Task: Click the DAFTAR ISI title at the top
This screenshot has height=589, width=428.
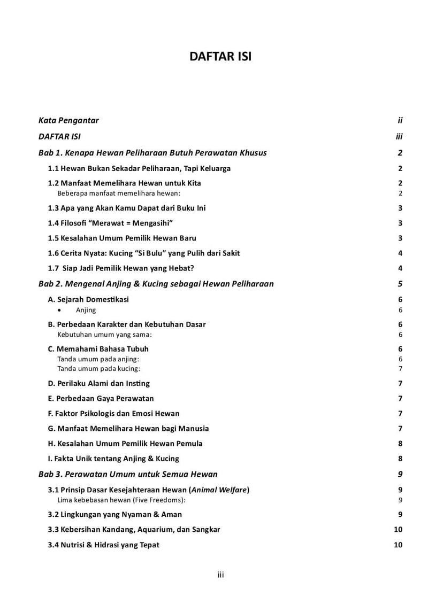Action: pyautogui.click(x=220, y=57)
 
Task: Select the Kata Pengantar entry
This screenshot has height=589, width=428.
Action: pyautogui.click(x=68, y=120)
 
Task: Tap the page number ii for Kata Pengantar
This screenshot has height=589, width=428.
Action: pyautogui.click(x=400, y=120)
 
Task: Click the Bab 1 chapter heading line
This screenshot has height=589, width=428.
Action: pyautogui.click(x=152, y=153)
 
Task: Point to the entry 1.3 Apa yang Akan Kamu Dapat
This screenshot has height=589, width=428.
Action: pyautogui.click(x=127, y=208)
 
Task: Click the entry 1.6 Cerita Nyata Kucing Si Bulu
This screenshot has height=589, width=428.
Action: pyautogui.click(x=144, y=253)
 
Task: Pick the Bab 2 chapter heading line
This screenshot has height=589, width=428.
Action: pyautogui.click(x=156, y=284)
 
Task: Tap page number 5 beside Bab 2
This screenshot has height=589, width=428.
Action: pyautogui.click(x=400, y=284)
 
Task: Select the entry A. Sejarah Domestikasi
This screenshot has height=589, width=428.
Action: pyautogui.click(x=88, y=300)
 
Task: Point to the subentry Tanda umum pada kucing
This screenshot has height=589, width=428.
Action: pyautogui.click(x=99, y=369)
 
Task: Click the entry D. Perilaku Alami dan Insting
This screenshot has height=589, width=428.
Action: pyautogui.click(x=99, y=383)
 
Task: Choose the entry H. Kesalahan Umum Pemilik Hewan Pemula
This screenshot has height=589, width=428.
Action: pyautogui.click(x=125, y=443)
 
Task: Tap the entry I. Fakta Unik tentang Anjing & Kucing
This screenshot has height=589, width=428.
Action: pyautogui.click(x=113, y=459)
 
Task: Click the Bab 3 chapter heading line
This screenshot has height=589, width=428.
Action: pyautogui.click(x=128, y=474)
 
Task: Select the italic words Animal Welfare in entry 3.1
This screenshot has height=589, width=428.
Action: pyautogui.click(x=216, y=490)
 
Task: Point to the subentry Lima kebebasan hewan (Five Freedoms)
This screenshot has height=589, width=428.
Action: pyautogui.click(x=121, y=500)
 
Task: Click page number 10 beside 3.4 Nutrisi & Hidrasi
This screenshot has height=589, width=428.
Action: pyautogui.click(x=398, y=545)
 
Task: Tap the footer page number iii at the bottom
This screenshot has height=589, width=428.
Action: pyautogui.click(x=220, y=575)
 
